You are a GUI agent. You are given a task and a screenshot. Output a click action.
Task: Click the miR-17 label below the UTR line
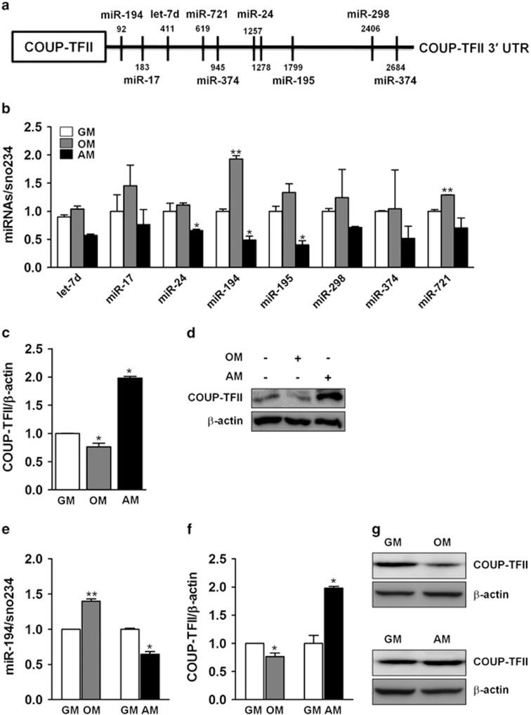point(143,80)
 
